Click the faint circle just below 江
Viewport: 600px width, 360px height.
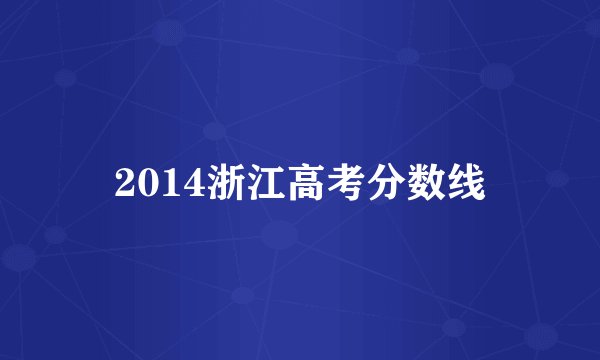pos(280,236)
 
